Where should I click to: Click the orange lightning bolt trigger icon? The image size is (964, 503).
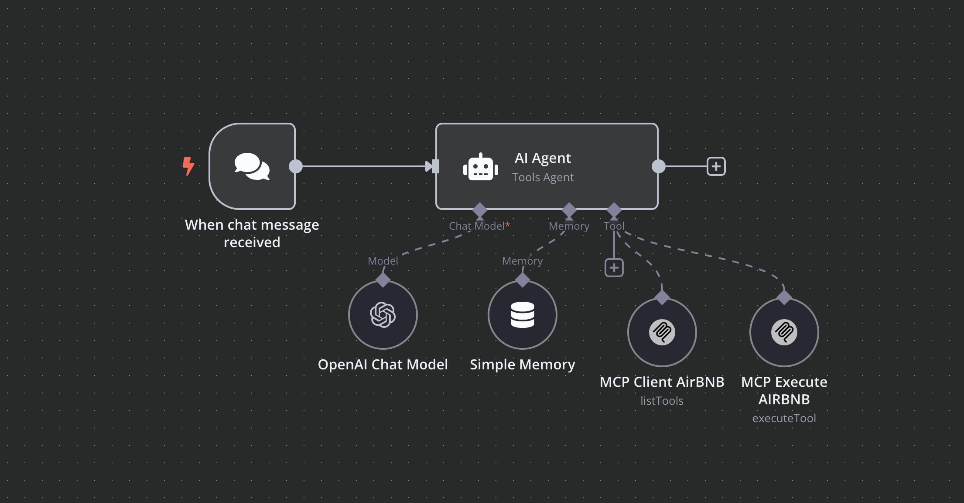[x=188, y=166]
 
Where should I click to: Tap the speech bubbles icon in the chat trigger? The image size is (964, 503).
[x=252, y=166]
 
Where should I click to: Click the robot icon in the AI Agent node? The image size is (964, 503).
[x=480, y=167]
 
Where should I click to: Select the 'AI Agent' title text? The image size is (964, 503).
[x=543, y=158]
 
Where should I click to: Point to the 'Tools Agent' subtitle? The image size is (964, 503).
[x=543, y=177]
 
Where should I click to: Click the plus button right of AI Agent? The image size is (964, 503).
[x=716, y=166]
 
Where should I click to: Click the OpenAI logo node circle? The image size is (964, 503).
[x=383, y=315]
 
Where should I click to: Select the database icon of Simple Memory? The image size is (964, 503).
[x=523, y=315]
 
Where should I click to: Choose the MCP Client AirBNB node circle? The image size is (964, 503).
[x=662, y=332]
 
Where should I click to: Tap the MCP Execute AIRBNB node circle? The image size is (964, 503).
[x=784, y=332]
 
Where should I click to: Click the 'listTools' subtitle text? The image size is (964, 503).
[x=662, y=401]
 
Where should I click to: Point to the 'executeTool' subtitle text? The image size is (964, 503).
[x=784, y=418]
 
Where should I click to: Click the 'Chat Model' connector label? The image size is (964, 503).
[x=477, y=226]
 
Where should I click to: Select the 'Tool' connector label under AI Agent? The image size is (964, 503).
[x=614, y=226]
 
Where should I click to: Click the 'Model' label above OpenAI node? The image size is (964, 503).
[x=383, y=261]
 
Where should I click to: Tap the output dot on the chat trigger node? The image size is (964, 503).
[x=296, y=166]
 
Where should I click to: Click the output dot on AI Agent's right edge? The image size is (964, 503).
[x=658, y=166]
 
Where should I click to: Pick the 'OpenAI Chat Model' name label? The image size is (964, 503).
[x=383, y=365]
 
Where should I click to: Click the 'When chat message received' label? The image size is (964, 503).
[x=252, y=234]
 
